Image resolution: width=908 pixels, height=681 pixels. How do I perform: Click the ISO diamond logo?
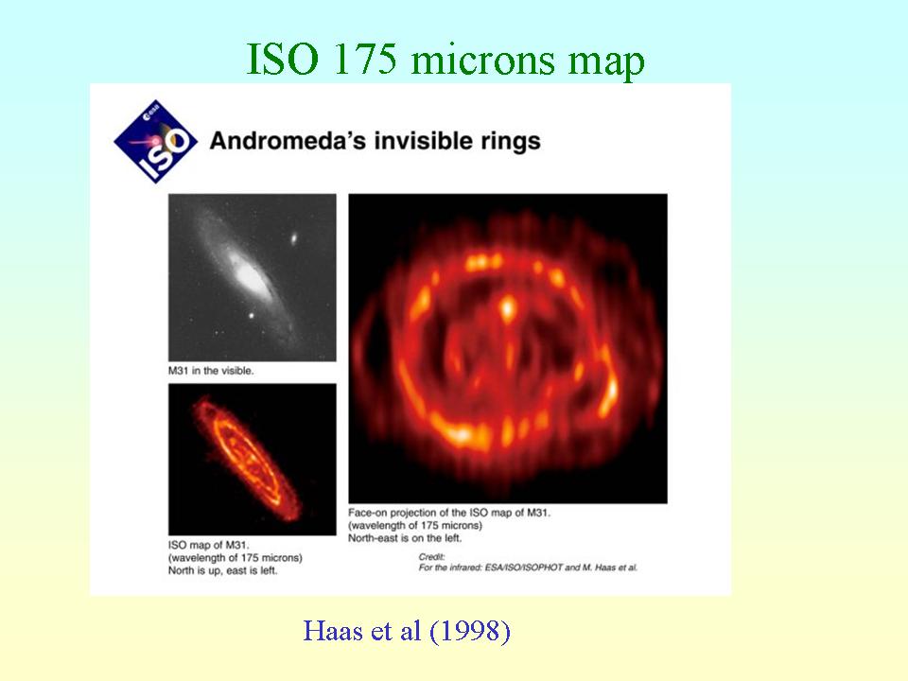click(155, 142)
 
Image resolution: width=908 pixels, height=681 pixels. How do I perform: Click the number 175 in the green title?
click(365, 59)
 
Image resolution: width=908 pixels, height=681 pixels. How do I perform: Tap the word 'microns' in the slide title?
click(482, 61)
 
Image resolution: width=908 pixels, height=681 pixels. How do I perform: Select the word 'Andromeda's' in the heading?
click(288, 141)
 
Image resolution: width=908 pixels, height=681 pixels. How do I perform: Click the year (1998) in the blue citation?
click(470, 631)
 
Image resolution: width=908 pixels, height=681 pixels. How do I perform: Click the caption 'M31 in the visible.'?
click(211, 371)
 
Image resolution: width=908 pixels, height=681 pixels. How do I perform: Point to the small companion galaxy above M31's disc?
click(293, 237)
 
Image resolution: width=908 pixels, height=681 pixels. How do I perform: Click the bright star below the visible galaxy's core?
click(252, 316)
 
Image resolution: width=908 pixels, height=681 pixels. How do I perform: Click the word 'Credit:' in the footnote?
click(432, 556)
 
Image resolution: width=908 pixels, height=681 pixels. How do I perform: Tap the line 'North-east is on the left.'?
click(405, 538)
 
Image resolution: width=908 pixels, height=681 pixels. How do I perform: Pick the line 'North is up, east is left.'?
click(222, 570)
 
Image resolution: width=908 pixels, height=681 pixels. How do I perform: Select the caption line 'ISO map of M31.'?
click(208, 545)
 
